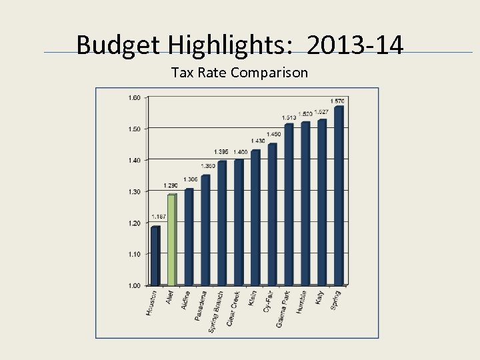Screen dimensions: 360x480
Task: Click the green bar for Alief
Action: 171,240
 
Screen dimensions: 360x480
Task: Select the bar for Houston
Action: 155,256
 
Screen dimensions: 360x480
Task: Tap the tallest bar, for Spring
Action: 339,196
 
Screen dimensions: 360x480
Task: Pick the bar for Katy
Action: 322,203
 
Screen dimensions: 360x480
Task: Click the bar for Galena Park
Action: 289,205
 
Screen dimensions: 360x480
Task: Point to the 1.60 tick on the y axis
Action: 134,97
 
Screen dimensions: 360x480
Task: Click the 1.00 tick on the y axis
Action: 134,285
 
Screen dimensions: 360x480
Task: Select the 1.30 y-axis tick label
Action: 134,191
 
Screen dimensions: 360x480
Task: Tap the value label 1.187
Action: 159,217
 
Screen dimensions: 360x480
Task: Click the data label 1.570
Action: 337,101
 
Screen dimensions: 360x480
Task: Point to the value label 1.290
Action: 171,185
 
